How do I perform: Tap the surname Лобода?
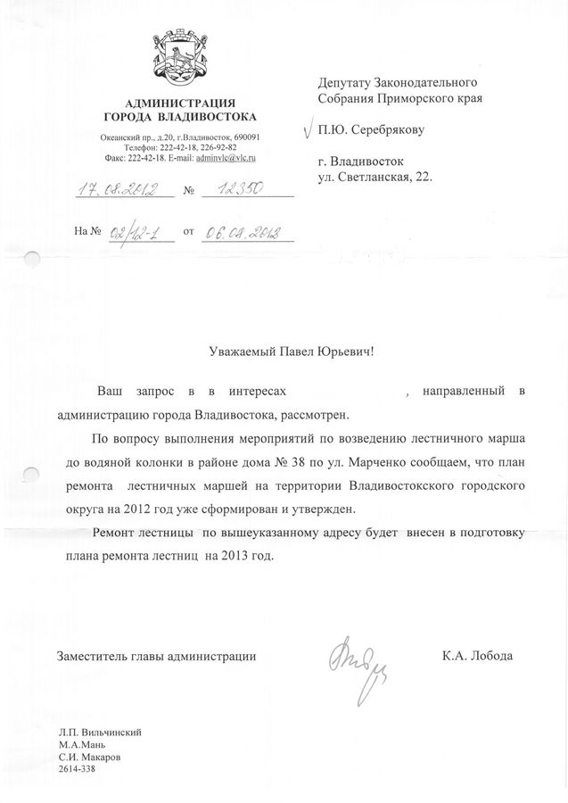(x=490, y=656)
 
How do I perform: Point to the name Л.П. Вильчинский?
(x=100, y=733)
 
